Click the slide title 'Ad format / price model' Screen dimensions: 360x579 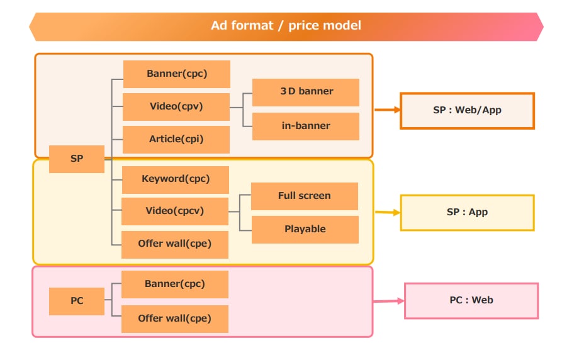[286, 26]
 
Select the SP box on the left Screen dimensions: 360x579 [77, 159]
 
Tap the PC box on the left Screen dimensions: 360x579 [77, 301]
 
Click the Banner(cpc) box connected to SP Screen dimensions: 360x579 [177, 74]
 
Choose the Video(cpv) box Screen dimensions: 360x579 [176, 106]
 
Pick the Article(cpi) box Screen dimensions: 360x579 [176, 139]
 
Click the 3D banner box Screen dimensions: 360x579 [306, 92]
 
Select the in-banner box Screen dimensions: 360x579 [306, 126]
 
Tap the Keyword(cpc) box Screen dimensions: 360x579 [176, 179]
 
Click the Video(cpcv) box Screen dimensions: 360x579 [175, 211]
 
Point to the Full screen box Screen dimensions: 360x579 [305, 196]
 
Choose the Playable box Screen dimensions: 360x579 [305, 230]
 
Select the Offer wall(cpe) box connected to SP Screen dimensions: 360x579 [175, 244]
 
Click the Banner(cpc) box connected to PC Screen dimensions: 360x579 [175, 284]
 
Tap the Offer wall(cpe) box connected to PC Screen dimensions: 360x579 [175, 318]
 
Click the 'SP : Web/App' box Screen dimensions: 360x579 [467, 111]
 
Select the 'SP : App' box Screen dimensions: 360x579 [467, 213]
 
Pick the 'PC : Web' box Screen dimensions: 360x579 [471, 301]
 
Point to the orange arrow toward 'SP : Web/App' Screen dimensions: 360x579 [387, 110]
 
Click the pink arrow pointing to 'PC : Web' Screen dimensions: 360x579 [388, 301]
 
